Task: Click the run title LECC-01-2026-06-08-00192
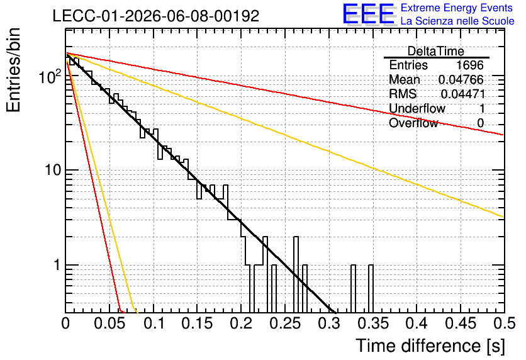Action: click(156, 16)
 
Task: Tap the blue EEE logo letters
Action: click(369, 14)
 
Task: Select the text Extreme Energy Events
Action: click(457, 8)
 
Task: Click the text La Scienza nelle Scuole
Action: click(457, 21)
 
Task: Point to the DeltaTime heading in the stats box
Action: click(436, 51)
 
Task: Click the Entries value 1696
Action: click(469, 65)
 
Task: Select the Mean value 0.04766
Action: click(461, 80)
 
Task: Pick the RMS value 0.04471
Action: click(463, 94)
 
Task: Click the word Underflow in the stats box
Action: click(417, 108)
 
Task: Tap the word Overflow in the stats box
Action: click(413, 123)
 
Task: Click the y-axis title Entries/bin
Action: click(14, 70)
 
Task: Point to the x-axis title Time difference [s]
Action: click(430, 346)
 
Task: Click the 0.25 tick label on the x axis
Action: click(285, 323)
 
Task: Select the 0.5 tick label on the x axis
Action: click(504, 323)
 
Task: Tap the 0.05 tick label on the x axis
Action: click(109, 323)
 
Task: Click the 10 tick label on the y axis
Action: click(53, 171)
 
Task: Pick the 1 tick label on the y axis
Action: click(57, 265)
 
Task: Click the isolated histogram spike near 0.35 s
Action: click(371, 288)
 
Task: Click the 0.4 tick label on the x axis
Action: click(417, 323)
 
